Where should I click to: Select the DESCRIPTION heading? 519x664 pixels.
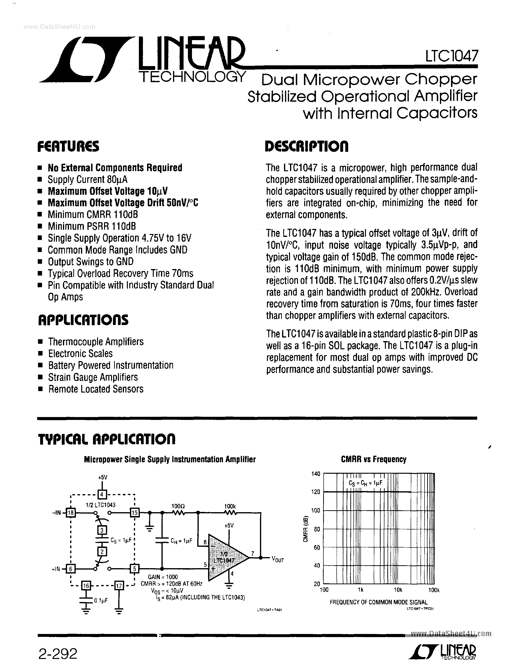pos(307,147)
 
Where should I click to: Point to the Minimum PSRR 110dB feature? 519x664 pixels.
pos(92,226)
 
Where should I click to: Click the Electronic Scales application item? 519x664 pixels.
pos(80,354)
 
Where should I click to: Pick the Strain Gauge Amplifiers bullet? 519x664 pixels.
pos(93,377)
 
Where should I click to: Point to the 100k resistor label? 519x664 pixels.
pos(230,506)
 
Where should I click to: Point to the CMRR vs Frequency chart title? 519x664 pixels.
pos(373,459)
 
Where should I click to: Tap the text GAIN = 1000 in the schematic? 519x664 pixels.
pos(163,577)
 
